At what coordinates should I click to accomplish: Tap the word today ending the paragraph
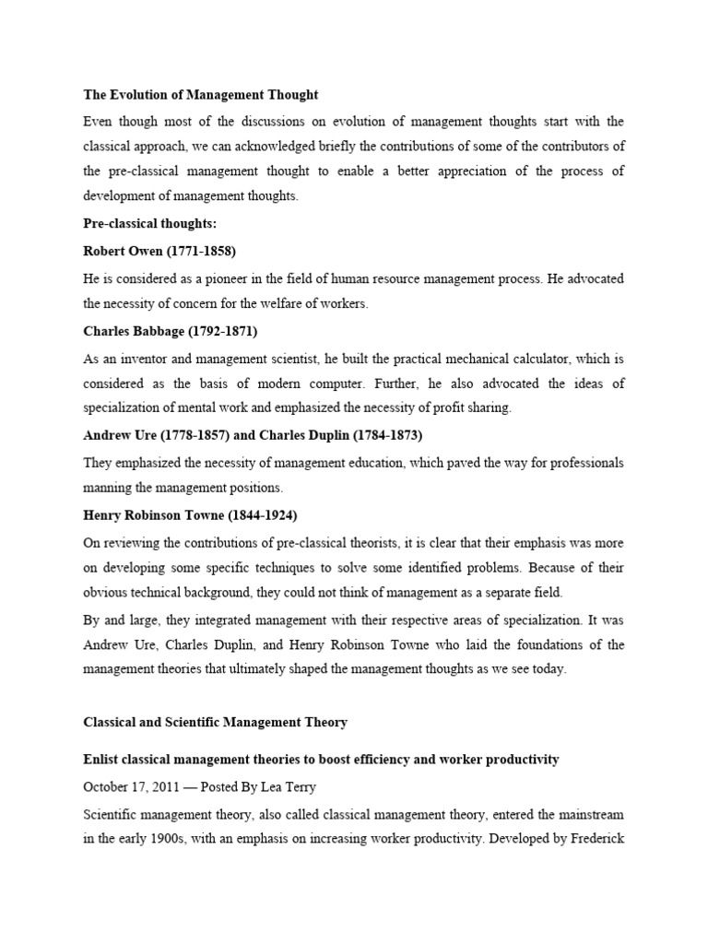[x=549, y=669]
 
